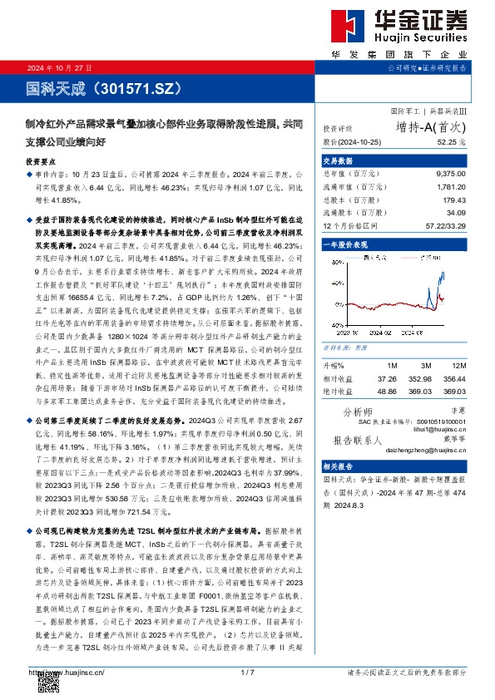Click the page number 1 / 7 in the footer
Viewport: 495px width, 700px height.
point(246,672)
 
